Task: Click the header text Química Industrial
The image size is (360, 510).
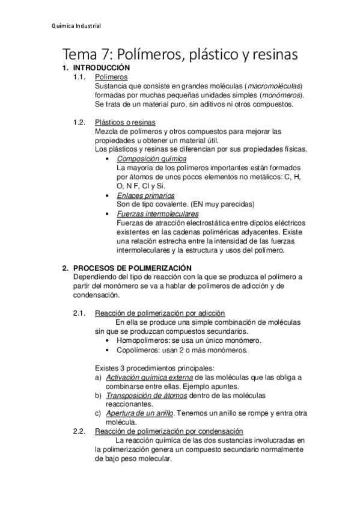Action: click(x=75, y=26)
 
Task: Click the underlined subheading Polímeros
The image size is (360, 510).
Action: click(x=111, y=78)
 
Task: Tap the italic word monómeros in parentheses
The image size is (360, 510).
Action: click(x=282, y=95)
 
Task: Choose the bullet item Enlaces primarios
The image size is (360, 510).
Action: click(x=145, y=195)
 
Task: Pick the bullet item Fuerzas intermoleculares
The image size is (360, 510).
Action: click(x=157, y=214)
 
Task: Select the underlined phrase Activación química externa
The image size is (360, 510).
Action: click(x=147, y=376)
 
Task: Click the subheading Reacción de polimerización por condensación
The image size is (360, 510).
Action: click(x=169, y=431)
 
